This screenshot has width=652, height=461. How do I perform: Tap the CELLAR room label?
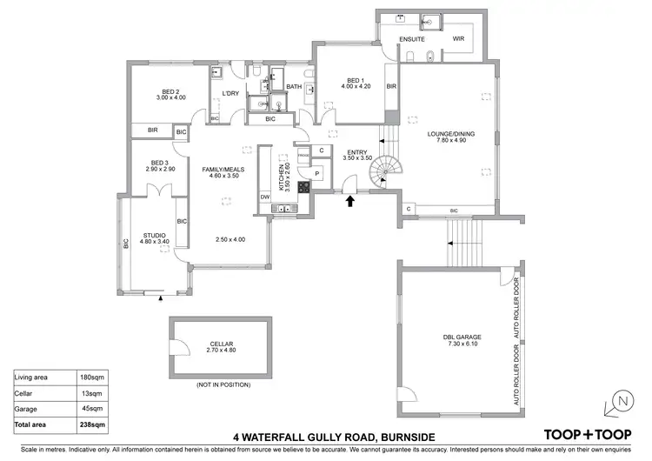pos(210,345)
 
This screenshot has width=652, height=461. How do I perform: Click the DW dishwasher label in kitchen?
pos(265,197)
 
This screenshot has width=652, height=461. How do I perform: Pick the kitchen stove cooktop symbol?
pos(304,186)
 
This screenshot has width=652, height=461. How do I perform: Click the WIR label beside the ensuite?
pos(460,38)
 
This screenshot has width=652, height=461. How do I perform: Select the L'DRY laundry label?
pos(230,93)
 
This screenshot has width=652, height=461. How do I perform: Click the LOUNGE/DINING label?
pos(449,135)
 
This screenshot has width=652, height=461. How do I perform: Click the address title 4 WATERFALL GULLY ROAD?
pos(335,436)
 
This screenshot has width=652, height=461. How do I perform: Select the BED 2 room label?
pos(170,93)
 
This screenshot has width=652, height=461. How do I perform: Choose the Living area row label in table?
pos(37,377)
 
